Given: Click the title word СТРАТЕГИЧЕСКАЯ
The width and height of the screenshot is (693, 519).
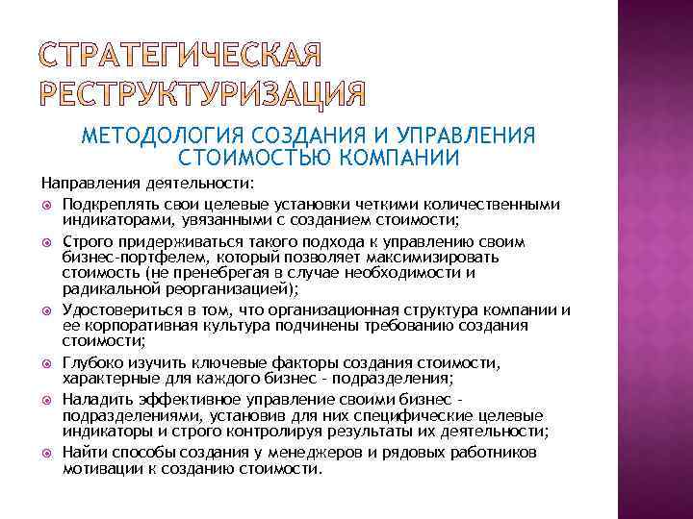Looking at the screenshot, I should tap(182, 56).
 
